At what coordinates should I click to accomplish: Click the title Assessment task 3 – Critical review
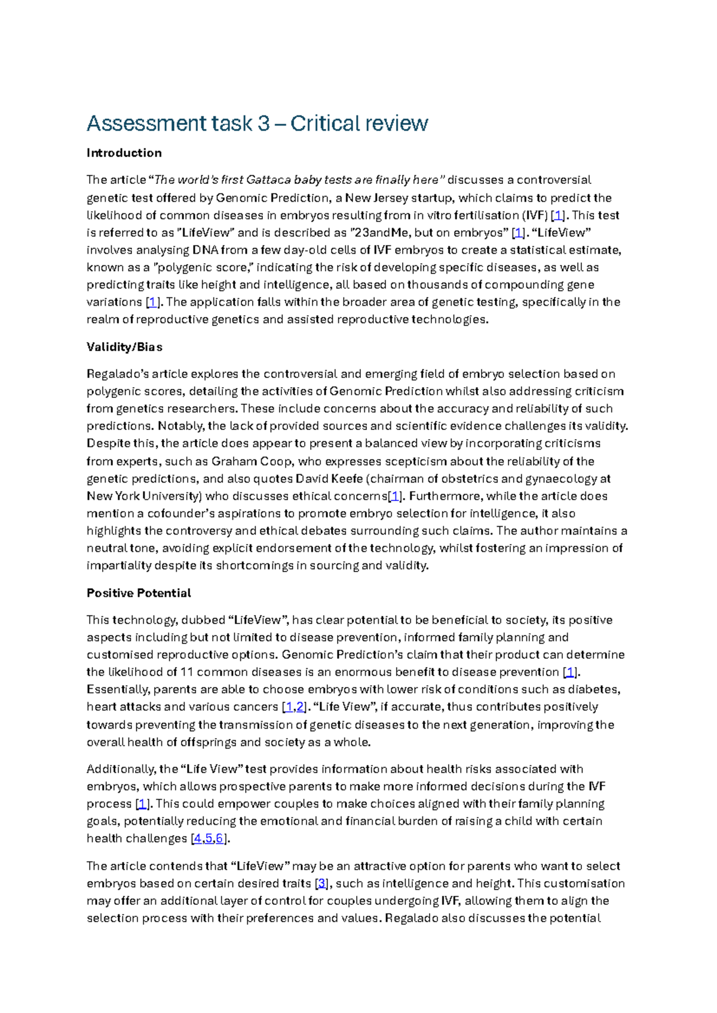(x=257, y=124)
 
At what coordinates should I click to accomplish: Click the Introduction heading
(x=124, y=153)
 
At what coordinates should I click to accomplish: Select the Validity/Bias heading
(x=124, y=347)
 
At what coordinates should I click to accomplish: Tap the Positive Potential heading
(x=139, y=593)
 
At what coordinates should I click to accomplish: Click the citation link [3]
(x=321, y=883)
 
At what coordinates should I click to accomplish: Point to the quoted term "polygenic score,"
(x=203, y=268)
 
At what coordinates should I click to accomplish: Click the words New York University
(x=143, y=496)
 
